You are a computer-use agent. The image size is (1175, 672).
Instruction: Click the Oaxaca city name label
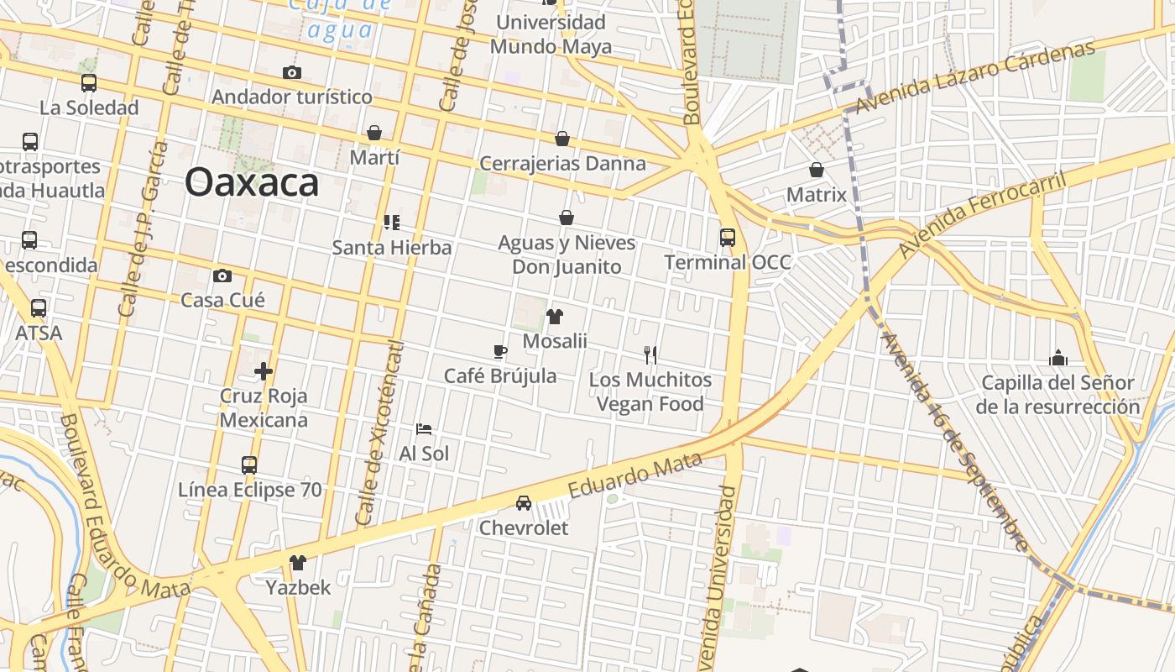(252, 182)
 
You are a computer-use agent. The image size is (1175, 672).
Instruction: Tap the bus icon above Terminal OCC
(727, 238)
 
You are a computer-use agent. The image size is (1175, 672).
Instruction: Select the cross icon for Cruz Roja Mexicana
(264, 370)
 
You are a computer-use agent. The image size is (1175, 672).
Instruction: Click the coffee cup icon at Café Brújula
(500, 351)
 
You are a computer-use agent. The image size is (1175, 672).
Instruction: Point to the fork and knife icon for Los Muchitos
(650, 354)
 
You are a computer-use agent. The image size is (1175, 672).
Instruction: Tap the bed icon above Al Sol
(424, 429)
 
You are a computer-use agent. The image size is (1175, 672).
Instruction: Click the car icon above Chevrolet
(524, 503)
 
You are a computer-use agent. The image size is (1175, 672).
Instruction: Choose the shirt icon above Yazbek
(298, 563)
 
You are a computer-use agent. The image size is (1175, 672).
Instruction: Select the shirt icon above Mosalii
(554, 317)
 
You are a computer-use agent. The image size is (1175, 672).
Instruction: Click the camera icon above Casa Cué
(222, 276)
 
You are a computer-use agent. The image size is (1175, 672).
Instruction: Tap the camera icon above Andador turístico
(291, 72)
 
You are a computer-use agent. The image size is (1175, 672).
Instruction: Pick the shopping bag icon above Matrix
(816, 171)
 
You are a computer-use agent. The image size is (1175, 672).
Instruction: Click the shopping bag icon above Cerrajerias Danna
(562, 139)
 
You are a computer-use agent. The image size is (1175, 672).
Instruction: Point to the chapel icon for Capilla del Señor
(1058, 359)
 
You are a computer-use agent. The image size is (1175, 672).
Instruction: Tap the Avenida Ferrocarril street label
(981, 215)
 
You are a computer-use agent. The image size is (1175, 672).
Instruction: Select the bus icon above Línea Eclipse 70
(248, 465)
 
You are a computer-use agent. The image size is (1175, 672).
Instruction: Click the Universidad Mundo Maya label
(550, 34)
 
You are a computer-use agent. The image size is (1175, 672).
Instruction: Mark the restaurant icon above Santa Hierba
(391, 223)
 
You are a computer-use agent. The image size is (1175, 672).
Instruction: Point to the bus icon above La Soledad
(88, 83)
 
